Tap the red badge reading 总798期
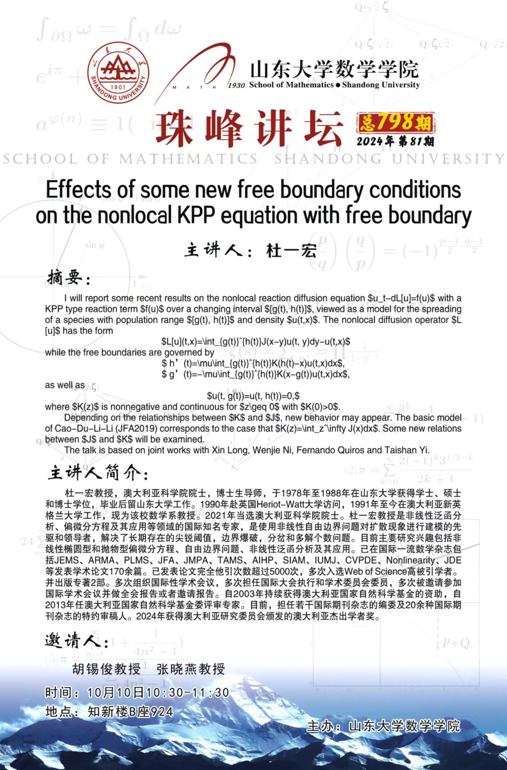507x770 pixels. tap(396, 123)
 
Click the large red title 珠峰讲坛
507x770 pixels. tap(249, 128)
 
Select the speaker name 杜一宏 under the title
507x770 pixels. tap(291, 251)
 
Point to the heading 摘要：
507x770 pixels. tap(68, 278)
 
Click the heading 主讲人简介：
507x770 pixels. tap(98, 473)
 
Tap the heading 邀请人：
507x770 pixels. tap(76, 640)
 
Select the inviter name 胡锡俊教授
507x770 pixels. tap(106, 669)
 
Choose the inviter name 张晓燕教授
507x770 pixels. tap(191, 669)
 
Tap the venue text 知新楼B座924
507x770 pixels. tap(130, 712)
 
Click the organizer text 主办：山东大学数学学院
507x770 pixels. tap(383, 726)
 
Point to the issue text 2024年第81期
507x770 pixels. tap(395, 142)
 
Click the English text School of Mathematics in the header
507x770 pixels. tap(291, 85)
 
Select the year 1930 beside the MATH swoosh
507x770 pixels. tap(237, 85)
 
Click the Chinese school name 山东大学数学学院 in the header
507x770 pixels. tap(334, 70)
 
